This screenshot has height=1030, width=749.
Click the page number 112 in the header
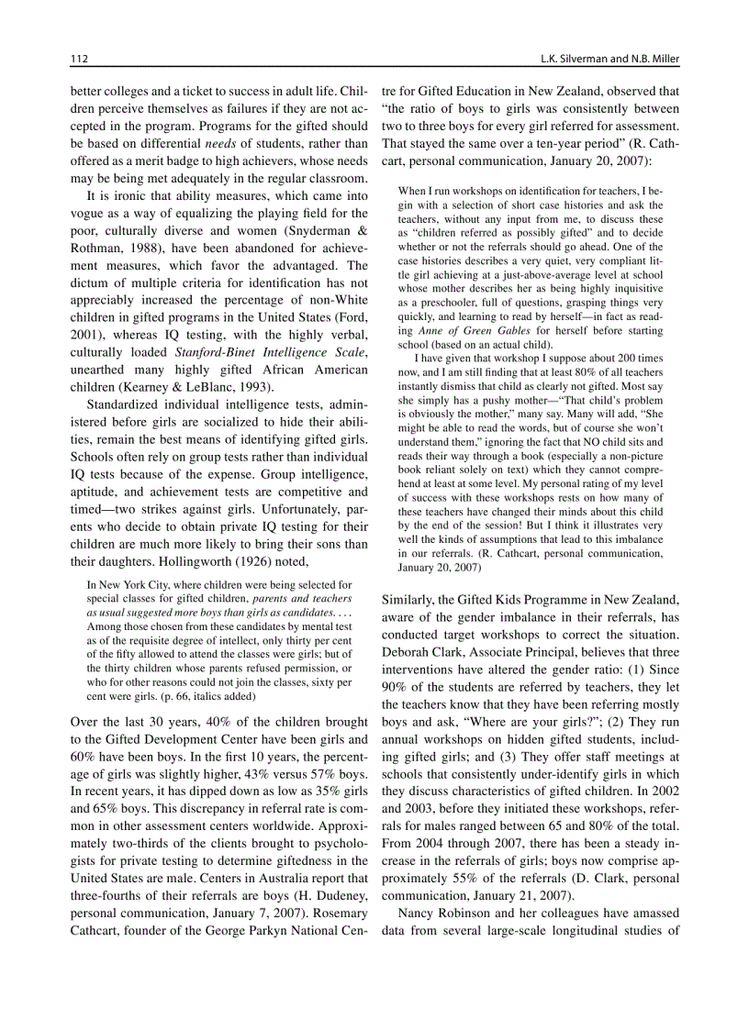(x=79, y=60)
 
